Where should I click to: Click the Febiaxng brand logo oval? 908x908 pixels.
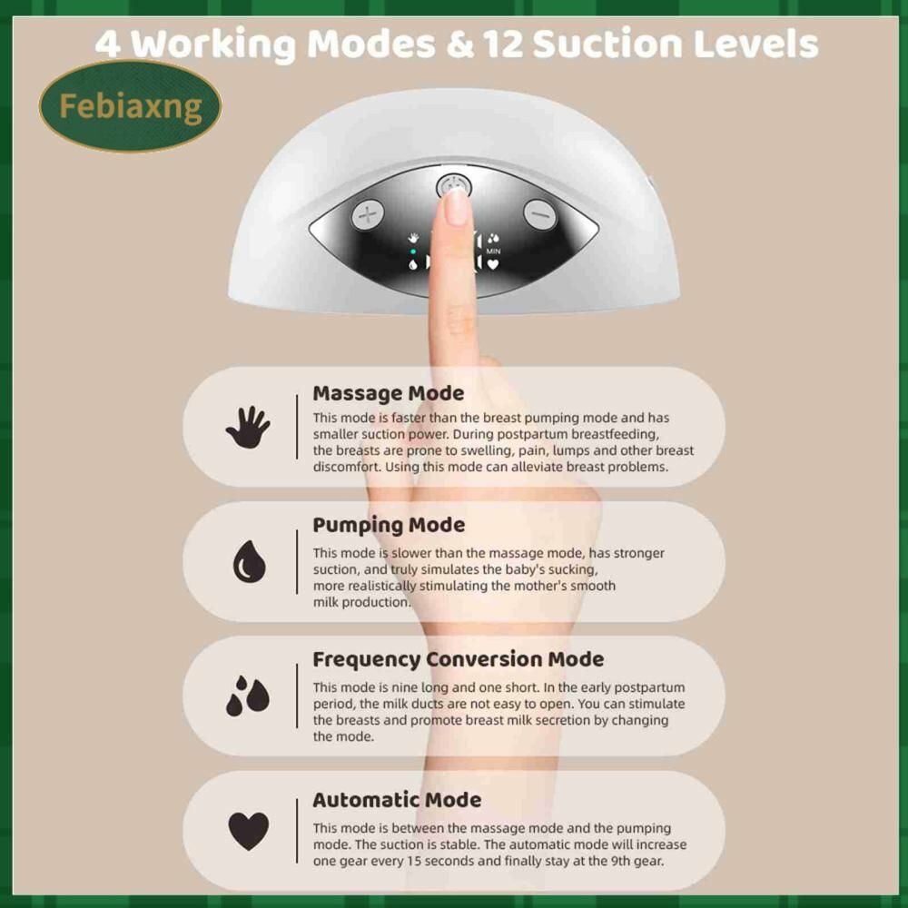pos(130,106)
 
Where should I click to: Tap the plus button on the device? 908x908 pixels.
pos(368,215)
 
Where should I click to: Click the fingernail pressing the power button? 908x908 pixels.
pos(457,206)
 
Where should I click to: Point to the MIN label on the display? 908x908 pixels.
pos(493,252)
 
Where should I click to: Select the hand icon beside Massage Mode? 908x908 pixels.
pos(248,427)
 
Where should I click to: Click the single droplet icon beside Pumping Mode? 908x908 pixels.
pos(249,561)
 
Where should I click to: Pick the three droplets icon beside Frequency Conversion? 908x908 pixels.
pos(248,696)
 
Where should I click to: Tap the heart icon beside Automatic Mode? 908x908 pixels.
pos(249,831)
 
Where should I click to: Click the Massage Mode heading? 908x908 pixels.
pos(388,393)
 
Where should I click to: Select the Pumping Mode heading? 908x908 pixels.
pos(389,525)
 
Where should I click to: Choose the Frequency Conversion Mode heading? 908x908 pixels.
pos(458,659)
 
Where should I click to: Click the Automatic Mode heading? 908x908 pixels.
pos(397,800)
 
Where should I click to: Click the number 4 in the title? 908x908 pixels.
pos(108,44)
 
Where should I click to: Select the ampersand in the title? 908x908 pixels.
pos(460,44)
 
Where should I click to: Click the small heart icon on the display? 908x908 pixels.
pos(493,264)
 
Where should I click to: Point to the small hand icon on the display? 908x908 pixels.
pos(413,237)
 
